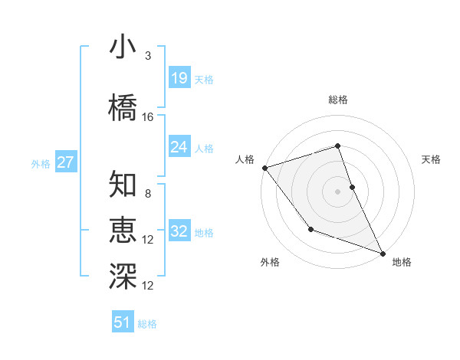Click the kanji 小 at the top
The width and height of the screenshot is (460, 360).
pos(123,47)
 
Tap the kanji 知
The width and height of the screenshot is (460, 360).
pos(123,185)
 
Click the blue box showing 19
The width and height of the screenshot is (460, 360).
pos(179,78)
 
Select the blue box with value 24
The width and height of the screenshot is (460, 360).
pos(179,147)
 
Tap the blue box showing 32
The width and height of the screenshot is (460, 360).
pos(179,231)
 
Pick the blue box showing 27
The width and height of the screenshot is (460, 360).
pos(66,162)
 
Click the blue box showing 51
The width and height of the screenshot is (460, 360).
pos(123,322)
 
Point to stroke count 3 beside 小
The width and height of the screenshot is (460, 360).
pos(147,56)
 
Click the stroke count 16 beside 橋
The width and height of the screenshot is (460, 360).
pos(148,117)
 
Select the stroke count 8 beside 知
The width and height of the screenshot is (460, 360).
pos(147,194)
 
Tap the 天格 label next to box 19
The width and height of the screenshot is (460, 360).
pos(204,80)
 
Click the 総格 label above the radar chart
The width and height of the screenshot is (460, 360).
pos(337,100)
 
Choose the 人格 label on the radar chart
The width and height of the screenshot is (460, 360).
pos(245,159)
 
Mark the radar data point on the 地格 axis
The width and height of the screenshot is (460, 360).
pos(383,253)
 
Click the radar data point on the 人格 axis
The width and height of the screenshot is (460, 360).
pos(264,168)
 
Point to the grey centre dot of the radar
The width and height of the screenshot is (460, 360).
pos(337,191)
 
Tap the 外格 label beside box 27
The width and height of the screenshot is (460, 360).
pos(41,164)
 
